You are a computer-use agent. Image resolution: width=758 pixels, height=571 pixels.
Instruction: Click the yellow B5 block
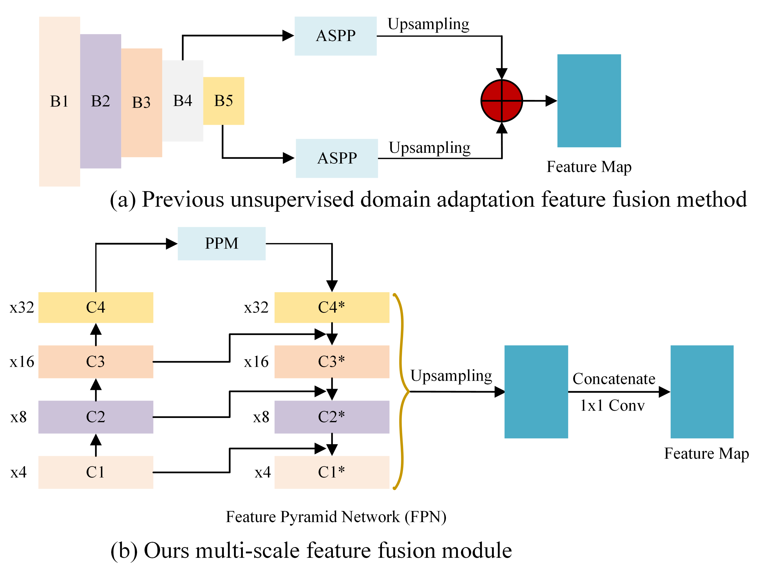[223, 101]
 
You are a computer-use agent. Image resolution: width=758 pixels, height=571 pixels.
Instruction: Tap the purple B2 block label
[100, 101]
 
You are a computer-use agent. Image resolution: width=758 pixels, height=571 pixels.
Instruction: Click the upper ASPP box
[336, 36]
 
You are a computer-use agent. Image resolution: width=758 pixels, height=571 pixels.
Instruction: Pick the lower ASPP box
[337, 158]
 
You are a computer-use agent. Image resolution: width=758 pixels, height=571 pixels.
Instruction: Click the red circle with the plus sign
[502, 101]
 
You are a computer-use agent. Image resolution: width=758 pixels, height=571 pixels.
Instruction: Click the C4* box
[332, 307]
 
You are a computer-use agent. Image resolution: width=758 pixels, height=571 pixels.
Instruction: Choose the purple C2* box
[332, 417]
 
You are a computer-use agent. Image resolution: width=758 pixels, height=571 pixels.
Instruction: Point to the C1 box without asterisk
[96, 472]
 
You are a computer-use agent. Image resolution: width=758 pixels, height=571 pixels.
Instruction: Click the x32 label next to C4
[22, 307]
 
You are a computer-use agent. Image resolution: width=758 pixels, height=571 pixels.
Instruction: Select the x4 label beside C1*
[263, 472]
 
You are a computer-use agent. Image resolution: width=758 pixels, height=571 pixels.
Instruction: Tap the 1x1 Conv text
[612, 405]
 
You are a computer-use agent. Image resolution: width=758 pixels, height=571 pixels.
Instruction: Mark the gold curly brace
[402, 391]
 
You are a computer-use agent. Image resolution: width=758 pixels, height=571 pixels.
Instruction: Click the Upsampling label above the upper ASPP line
[428, 24]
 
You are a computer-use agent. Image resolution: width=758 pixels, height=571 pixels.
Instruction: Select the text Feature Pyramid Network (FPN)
[336, 517]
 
